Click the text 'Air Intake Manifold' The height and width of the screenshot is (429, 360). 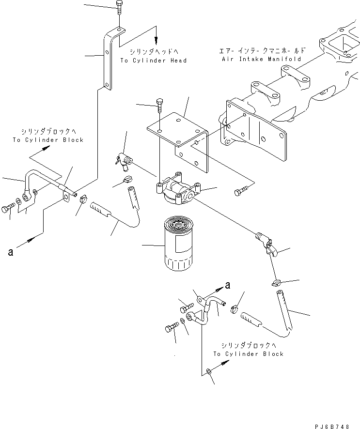coord(261,59)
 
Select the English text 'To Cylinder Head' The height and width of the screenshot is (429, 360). coord(153,61)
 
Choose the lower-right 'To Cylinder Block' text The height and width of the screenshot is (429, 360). coord(249,353)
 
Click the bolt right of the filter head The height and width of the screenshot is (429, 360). coord(240,192)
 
